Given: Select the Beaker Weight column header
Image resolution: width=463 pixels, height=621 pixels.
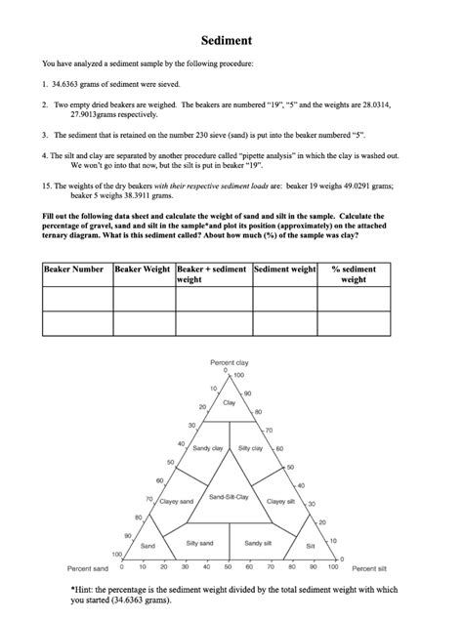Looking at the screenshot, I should tap(143, 269).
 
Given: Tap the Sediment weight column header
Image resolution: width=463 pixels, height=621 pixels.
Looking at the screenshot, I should tap(284, 269).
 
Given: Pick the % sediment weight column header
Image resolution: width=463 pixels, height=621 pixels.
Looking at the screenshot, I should tap(354, 274).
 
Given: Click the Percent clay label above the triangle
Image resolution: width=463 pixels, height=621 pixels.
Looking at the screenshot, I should tap(230, 362).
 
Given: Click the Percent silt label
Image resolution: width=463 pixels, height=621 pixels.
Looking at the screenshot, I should tap(369, 567).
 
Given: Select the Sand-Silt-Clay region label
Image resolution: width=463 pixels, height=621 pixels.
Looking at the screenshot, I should tap(230, 497).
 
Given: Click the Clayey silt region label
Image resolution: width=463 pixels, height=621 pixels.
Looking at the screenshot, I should tap(282, 501).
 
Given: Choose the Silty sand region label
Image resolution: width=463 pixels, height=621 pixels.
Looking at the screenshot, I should tap(199, 543).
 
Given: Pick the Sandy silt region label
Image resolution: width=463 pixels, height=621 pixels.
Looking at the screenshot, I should tap(259, 543).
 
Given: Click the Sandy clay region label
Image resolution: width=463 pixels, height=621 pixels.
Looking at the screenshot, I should tap(208, 448).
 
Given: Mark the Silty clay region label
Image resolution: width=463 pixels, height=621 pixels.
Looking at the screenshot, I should tap(251, 448).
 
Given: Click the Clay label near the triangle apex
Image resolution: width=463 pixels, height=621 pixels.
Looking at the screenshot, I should tap(230, 402).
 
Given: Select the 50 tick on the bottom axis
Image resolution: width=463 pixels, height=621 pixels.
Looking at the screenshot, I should tap(230, 566).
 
